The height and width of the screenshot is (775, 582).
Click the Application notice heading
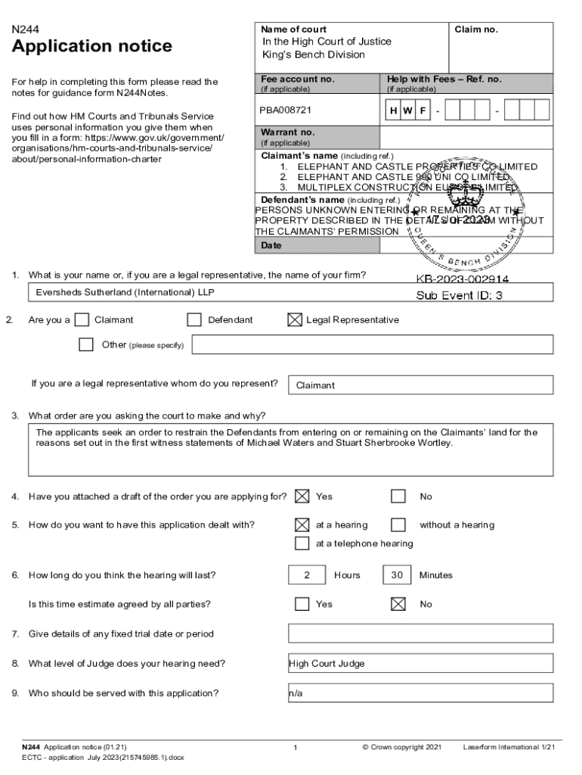(x=91, y=47)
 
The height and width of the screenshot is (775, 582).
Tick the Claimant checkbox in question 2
(x=82, y=320)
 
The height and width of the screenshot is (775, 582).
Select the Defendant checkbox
(x=194, y=320)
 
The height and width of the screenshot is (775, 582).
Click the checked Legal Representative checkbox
(x=295, y=320)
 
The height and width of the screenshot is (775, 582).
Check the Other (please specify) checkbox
(x=86, y=345)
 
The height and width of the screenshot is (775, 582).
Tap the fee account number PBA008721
(x=286, y=110)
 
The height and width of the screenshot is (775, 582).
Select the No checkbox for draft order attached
(x=398, y=496)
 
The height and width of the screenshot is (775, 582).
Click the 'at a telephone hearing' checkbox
(x=302, y=543)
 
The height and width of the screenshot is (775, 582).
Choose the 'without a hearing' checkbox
(x=398, y=524)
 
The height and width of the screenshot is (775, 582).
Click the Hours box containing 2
(x=307, y=575)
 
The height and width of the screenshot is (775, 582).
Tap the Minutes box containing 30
(x=397, y=575)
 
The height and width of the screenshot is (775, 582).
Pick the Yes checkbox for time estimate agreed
(x=302, y=604)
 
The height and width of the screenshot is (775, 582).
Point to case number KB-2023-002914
(x=462, y=279)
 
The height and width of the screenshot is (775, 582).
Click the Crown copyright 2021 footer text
(x=401, y=748)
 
